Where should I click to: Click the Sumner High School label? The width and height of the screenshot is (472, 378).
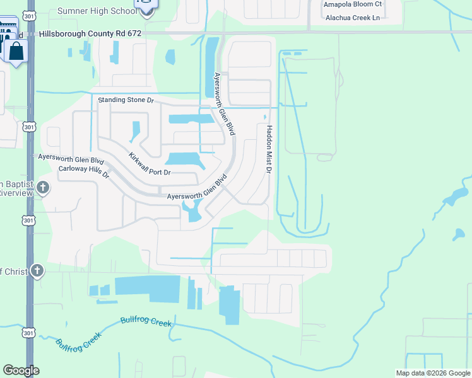point(96,11)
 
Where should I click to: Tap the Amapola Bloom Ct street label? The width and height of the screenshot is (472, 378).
point(353,4)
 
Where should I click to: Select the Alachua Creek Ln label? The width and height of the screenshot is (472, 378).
point(353,17)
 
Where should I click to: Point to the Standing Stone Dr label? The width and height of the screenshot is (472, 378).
point(126,100)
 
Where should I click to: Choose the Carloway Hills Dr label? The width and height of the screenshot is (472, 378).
point(84,171)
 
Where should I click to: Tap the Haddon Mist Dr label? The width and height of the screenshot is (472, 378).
point(269,149)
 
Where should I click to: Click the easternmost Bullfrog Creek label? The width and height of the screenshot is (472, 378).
point(146,322)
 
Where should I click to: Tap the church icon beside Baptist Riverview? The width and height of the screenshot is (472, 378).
point(42,187)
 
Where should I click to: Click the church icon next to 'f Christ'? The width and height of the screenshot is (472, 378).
point(37,271)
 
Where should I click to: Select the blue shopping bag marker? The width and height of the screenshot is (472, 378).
point(16,51)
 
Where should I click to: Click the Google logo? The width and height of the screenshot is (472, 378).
point(21,370)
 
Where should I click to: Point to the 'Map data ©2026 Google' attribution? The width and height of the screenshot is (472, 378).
point(432,373)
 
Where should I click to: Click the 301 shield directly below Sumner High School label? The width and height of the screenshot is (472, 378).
point(30,14)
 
